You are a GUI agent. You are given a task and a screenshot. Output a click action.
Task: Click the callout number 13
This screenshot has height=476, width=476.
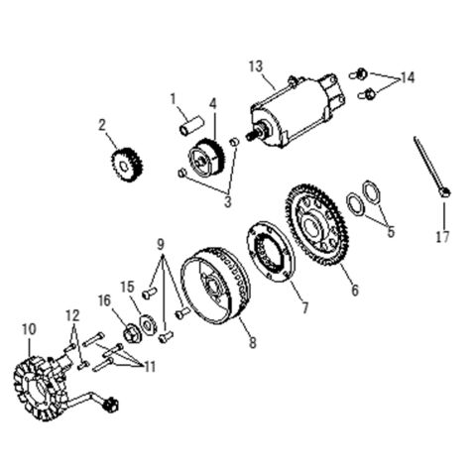pyautogui.click(x=256, y=66)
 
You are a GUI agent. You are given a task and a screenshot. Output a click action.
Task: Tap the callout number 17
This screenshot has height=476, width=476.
pyautogui.click(x=442, y=237)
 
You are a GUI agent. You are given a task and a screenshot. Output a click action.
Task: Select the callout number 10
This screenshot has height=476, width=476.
pyautogui.click(x=29, y=329)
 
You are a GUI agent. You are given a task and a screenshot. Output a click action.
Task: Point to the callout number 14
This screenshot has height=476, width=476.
pyautogui.click(x=407, y=78)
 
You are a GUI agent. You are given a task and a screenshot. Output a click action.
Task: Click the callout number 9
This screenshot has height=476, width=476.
pyautogui.click(x=161, y=245)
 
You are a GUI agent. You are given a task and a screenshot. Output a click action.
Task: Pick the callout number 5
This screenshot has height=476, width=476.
pyautogui.click(x=391, y=232)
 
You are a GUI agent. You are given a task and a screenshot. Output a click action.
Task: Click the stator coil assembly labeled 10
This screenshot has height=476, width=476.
pyautogui.click(x=41, y=387)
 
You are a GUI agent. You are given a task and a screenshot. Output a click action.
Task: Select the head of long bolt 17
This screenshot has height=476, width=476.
pyautogui.click(x=445, y=191)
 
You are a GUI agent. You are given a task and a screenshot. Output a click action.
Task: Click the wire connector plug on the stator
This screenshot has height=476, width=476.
pyautogui.click(x=111, y=404)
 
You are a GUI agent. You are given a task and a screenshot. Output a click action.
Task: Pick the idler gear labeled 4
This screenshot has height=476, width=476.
pyautogui.click(x=206, y=158)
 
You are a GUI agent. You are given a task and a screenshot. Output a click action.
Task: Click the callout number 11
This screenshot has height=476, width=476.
pyautogui.click(x=150, y=367)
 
